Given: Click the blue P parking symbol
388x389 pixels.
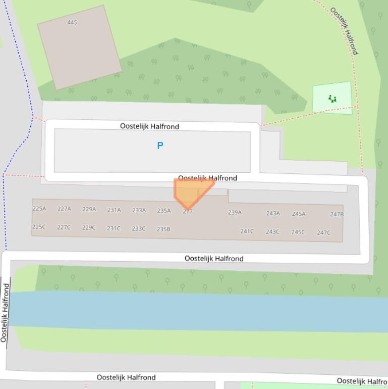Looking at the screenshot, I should coord(160,145).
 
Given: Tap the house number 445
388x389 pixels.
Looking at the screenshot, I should coord(72,22).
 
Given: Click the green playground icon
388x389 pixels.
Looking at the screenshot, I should coord(332,99).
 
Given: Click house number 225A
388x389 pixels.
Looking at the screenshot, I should coord(39,209).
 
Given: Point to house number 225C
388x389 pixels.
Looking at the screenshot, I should coord(39,227).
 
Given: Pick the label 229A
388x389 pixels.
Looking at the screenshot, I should coord(89,209).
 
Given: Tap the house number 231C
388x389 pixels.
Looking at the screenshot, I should coord(114,228).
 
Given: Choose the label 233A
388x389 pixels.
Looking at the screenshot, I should coord(139,210).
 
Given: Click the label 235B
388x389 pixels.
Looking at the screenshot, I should coord(163,229).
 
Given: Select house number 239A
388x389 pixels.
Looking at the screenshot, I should coord(235,212).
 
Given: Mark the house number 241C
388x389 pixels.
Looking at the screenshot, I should coord(247,231).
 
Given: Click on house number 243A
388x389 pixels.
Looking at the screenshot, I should coord(273,213).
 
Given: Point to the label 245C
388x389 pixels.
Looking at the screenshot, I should coord(298,232).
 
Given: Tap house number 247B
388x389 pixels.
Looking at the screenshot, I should coord(337,214).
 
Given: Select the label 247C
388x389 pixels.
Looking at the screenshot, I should coord(323,233).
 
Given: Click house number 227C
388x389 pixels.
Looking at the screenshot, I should coord(64,227).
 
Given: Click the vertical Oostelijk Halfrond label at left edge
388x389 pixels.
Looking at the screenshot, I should coord(5,313).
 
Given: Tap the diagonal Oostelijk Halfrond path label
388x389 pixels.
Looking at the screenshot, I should coord(345,31).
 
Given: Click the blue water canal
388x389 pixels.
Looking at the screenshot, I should coord(202,311).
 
